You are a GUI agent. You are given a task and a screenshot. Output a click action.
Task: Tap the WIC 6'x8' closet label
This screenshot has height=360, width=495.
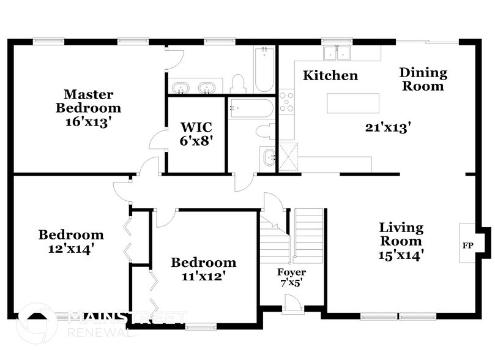pos(196,133)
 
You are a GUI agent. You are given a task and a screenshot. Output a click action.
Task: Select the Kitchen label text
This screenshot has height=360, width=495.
pos(330,76)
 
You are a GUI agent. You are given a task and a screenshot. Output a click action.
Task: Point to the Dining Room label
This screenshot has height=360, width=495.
pos(423,80)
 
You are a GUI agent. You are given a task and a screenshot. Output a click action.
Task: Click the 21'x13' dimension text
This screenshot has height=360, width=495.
pos(387,127)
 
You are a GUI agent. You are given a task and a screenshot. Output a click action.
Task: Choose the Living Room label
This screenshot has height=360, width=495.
pos(401,240)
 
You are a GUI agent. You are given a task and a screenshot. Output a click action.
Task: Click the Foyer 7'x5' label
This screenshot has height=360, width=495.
pos(291,277)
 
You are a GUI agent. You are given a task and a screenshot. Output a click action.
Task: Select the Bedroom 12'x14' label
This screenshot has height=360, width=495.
pos(71,241)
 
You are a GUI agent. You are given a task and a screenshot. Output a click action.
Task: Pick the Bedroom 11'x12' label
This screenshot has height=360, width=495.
pos(203,269)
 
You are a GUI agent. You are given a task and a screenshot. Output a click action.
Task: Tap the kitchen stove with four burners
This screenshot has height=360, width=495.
pos(286,102)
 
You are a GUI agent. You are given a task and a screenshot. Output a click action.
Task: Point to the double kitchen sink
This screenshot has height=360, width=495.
pos(335,53)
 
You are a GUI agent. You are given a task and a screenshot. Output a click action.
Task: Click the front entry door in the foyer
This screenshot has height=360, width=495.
pos(293,304)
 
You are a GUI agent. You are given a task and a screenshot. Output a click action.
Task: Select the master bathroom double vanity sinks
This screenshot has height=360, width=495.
pos(194,88)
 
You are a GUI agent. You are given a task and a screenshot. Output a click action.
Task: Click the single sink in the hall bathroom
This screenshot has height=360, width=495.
pos(269,159)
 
